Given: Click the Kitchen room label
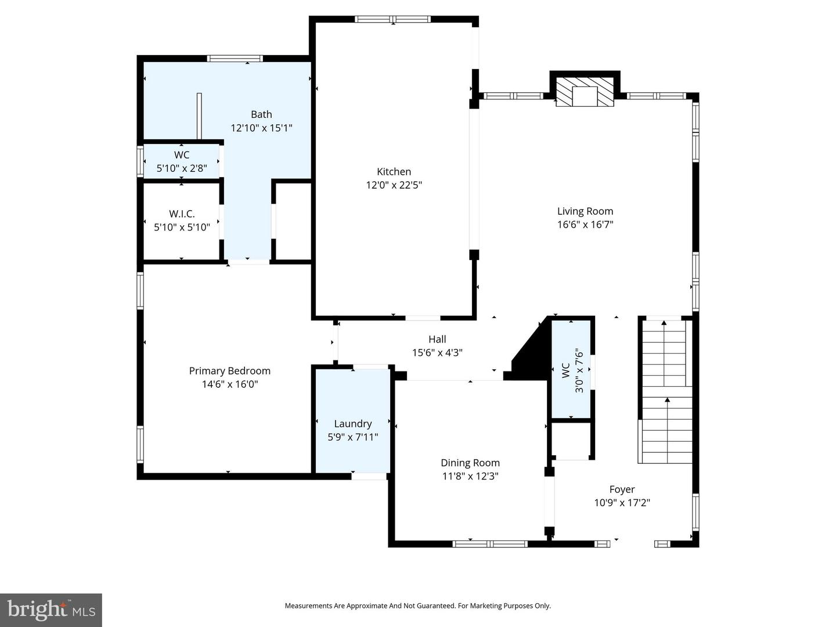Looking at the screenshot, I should coord(394,172).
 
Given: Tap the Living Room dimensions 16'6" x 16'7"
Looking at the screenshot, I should coord(585,225).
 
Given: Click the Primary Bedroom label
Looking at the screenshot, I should coord(229,371).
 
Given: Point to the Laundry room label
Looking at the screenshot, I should coord(353,424).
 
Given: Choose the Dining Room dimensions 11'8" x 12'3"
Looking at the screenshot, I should coord(470,477).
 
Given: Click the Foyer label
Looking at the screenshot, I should coord(622,489).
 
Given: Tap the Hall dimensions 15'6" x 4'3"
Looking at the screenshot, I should coord(437,352).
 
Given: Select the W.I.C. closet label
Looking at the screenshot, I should coord(182,214).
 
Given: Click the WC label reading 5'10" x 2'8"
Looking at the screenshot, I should coord(182,169).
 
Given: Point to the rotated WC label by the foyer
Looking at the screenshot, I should coord(565,370).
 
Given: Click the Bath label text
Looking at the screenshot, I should coord(261,114).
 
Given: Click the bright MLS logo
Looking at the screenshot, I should coord(51,610).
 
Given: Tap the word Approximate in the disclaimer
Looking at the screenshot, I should coord(366,606).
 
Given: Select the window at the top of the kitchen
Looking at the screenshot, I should coord(393,19).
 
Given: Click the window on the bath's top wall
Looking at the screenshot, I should coord(235,58).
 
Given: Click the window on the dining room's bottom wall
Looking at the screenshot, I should coord(490,544).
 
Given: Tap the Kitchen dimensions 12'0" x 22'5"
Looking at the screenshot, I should coord(394,185).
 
